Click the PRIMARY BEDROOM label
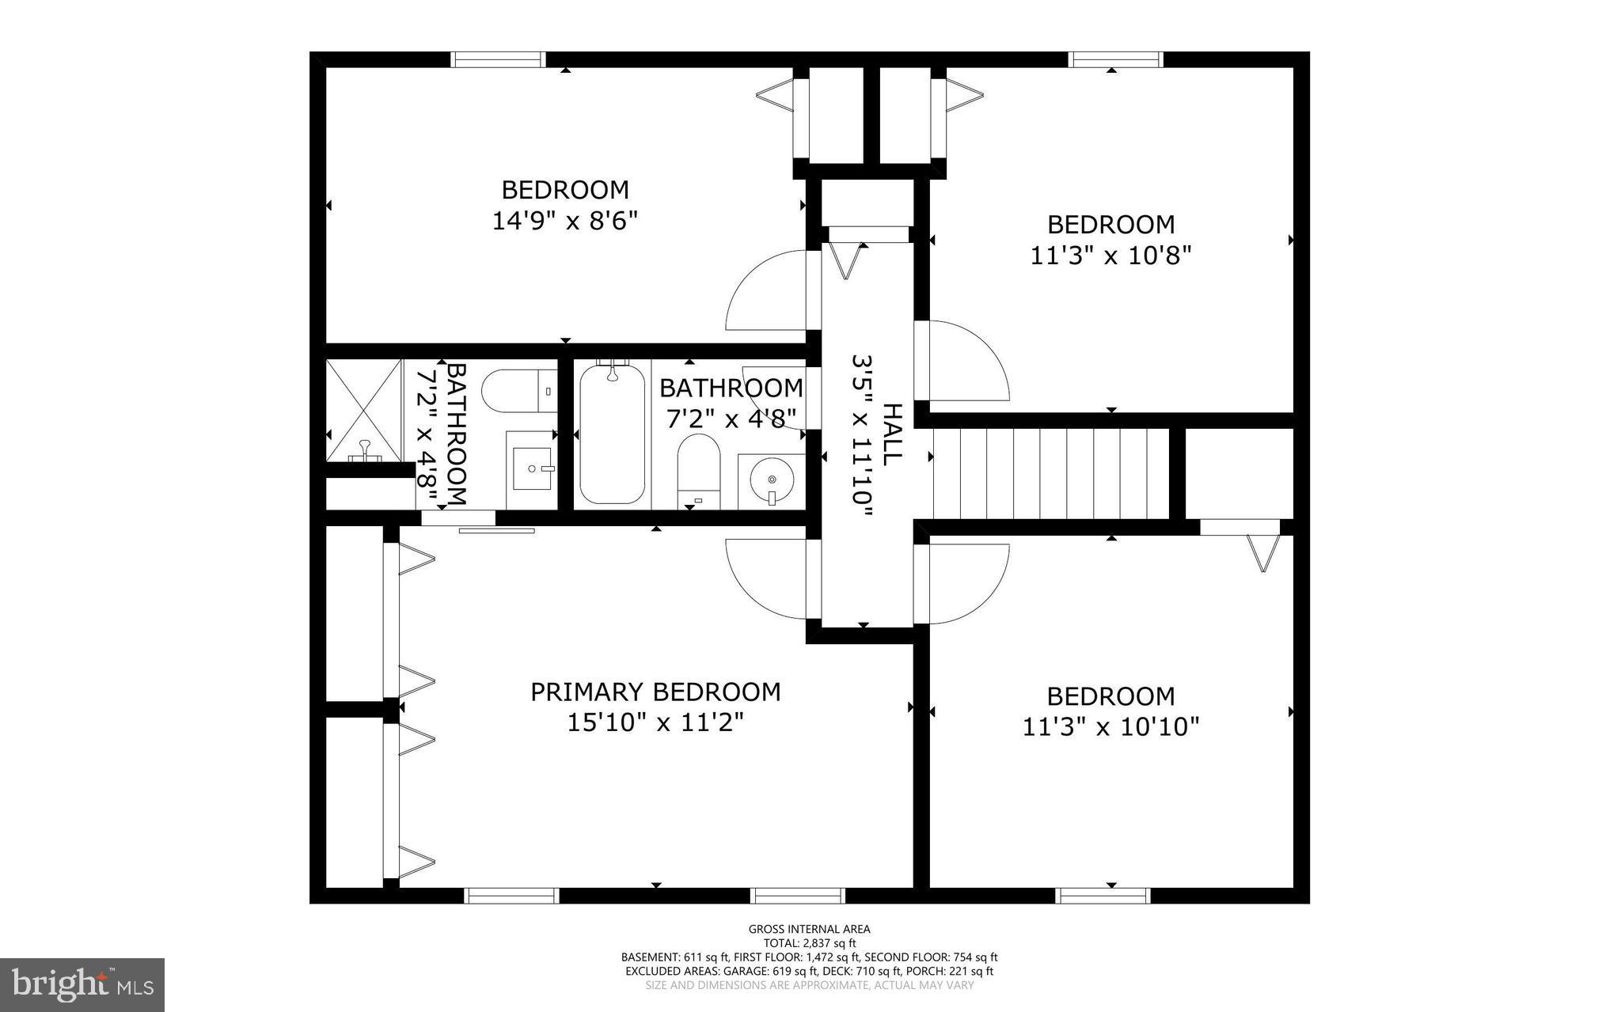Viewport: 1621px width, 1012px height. click(655, 692)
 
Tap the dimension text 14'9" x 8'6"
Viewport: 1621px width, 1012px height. click(564, 221)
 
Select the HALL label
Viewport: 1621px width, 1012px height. click(892, 434)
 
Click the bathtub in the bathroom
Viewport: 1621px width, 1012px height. click(612, 434)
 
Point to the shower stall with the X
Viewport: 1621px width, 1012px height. click(364, 410)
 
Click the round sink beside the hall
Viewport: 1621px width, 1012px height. click(772, 480)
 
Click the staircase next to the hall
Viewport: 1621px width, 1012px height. click(1051, 472)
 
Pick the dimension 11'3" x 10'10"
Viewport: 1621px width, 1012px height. click(1110, 726)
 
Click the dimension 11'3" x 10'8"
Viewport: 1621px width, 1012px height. click(1110, 256)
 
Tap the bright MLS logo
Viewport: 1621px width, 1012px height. click(82, 984)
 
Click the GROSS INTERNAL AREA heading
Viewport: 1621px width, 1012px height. click(810, 929)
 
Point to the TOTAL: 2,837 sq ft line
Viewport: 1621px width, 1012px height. click(810, 942)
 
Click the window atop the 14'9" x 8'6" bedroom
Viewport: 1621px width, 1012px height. click(498, 59)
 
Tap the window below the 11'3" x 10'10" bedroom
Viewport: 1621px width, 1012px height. click(1102, 896)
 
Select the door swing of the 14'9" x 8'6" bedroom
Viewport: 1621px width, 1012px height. click(764, 290)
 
